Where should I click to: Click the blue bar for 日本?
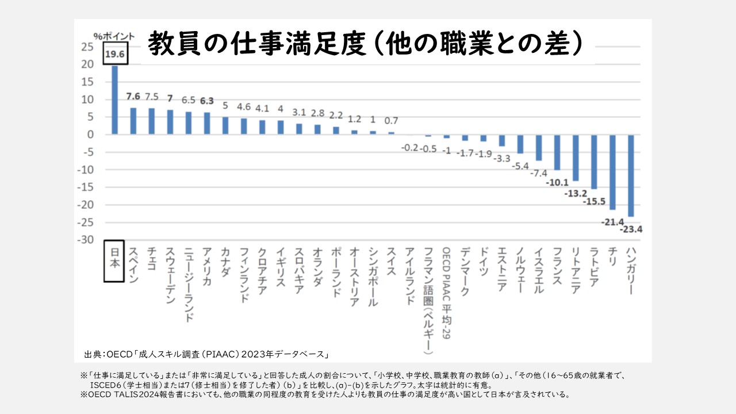(114, 100)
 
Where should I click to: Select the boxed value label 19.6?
(114, 55)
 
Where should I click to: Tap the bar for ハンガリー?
(631, 175)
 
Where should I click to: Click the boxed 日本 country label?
(114, 262)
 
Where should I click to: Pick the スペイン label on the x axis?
(133, 265)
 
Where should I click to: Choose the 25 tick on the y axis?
(87, 47)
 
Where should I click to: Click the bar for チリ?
(612, 172)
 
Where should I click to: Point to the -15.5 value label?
(595, 201)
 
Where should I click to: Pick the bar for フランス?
(557, 152)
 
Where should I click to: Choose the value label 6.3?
(207, 100)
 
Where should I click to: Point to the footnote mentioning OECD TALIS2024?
(325, 395)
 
